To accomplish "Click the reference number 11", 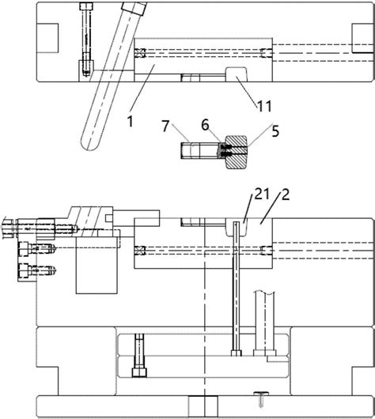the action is click(264, 106).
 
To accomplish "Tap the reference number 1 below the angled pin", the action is click(130, 121).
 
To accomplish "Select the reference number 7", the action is click(166, 126).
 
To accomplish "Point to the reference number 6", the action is click(205, 125).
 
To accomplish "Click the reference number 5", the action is click(275, 131).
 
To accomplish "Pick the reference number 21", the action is click(262, 194).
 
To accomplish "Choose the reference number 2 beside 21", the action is click(286, 195).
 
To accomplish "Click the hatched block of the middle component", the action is click(237, 153).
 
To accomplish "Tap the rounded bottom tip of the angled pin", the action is click(90, 146).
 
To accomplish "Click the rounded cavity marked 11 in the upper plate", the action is click(237, 74).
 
